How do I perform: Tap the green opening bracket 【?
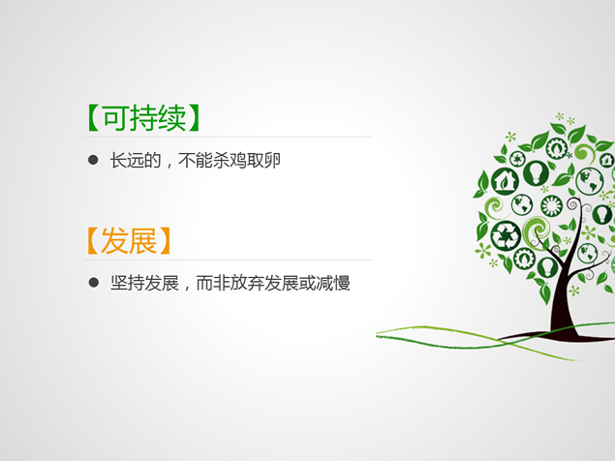click(93, 117)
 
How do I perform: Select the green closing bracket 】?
click(198, 117)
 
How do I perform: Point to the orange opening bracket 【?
click(93, 239)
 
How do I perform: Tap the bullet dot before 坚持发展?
click(93, 283)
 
